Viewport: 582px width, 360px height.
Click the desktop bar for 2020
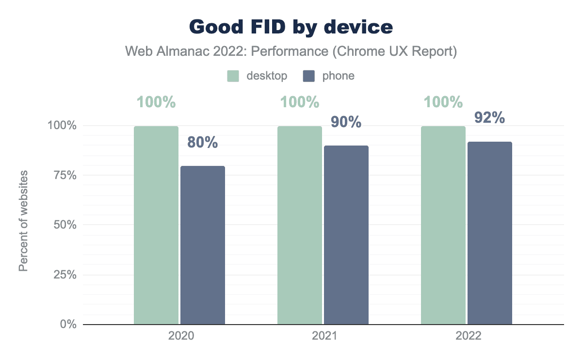click(156, 225)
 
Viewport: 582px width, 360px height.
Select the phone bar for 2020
click(203, 245)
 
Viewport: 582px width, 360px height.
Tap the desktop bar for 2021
click(300, 225)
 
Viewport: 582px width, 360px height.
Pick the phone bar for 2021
click(346, 235)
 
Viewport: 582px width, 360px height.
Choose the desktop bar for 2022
click(443, 225)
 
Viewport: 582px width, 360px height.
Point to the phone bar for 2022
click(490, 233)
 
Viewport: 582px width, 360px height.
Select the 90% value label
click(346, 122)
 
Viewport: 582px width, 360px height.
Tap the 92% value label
click(489, 118)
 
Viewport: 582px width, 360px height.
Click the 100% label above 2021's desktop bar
click(299, 102)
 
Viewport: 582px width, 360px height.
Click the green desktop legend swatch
click(233, 76)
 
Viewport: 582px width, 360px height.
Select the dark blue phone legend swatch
click(309, 76)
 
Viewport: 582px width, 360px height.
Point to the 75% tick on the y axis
click(65, 175)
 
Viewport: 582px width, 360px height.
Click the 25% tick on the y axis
click(65, 275)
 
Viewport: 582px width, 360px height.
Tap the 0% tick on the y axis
click(68, 324)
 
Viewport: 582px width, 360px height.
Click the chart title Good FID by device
click(291, 27)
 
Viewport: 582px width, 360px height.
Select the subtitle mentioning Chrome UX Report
click(291, 51)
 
